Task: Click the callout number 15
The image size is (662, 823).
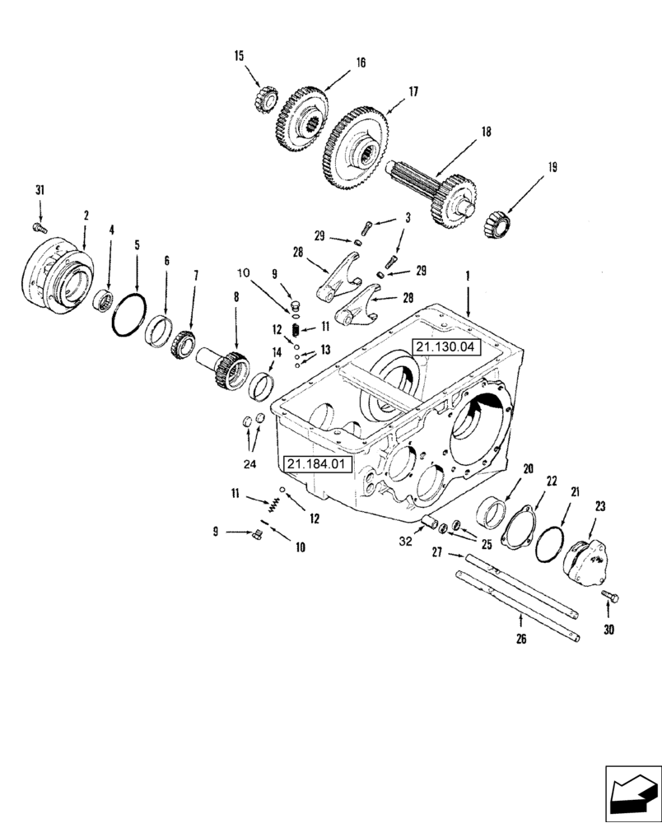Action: tap(239, 57)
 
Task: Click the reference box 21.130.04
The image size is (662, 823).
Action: tap(445, 347)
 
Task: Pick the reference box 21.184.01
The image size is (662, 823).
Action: tap(318, 464)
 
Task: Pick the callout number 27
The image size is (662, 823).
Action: tap(438, 553)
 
